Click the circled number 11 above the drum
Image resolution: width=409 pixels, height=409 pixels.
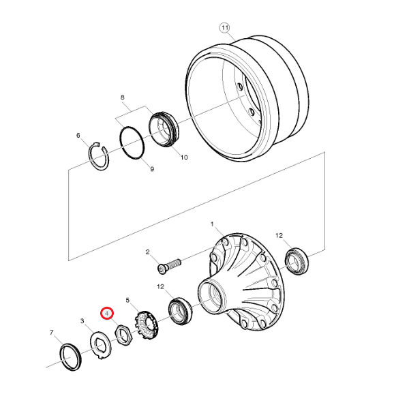pyautogui.click(x=225, y=27)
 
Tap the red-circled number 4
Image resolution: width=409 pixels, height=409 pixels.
pyautogui.click(x=106, y=313)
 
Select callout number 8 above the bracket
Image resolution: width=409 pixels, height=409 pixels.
pyautogui.click(x=123, y=97)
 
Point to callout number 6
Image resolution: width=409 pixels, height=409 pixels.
pyautogui.click(x=78, y=135)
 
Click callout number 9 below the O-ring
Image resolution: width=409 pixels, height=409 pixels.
pyautogui.click(x=152, y=169)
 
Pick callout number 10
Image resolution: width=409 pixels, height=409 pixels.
pyautogui.click(x=184, y=157)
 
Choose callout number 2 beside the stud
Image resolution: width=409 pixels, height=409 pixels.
pyautogui.click(x=147, y=252)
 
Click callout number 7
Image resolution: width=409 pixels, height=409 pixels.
pyautogui.click(x=52, y=332)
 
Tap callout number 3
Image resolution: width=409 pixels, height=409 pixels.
pyautogui.click(x=82, y=320)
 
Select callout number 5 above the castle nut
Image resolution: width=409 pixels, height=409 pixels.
pyautogui.click(x=127, y=299)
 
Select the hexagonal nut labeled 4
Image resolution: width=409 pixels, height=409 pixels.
pyautogui.click(x=123, y=334)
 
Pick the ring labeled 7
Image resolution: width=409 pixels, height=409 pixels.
pyautogui.click(x=70, y=357)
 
